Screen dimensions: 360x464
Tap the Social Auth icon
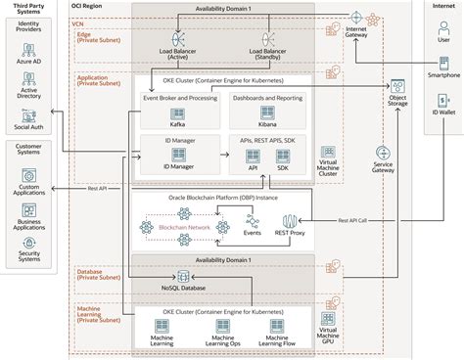(27, 115)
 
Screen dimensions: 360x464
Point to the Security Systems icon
(27, 243)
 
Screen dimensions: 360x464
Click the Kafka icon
(179, 113)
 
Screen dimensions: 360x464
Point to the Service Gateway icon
(383, 154)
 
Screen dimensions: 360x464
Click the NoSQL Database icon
(180, 279)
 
